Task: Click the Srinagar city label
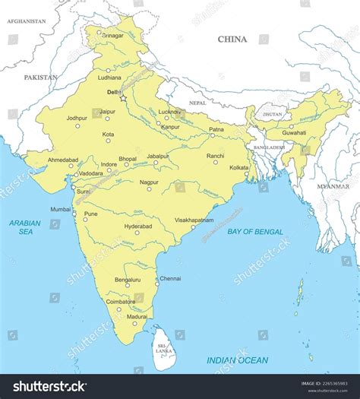[x=112, y=36]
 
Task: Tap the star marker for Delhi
[x=123, y=98]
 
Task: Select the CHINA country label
[x=232, y=39]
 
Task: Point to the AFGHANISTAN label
[x=27, y=22]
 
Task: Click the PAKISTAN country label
[x=40, y=78]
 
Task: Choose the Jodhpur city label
[x=77, y=118]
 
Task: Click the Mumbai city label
[x=60, y=209]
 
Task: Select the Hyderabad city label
[x=138, y=226]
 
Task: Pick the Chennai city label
[x=170, y=279]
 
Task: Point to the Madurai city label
[x=137, y=316]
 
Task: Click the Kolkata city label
[x=239, y=167]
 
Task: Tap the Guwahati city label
[x=294, y=133]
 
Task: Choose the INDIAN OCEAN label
[x=238, y=360]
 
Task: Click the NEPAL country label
[x=197, y=103]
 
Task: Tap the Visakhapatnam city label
[x=194, y=220]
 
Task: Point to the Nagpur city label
[x=150, y=182]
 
